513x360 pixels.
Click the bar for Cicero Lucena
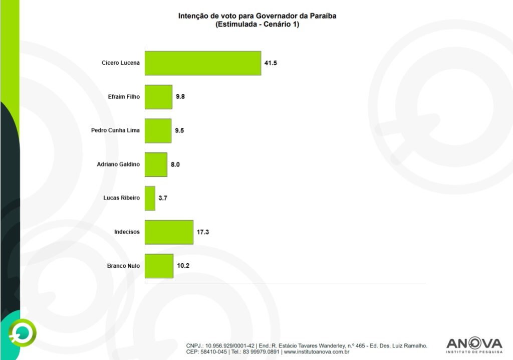click(203, 63)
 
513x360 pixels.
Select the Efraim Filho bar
click(158, 97)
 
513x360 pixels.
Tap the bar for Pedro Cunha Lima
click(158, 131)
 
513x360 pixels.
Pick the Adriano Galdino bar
click(156, 164)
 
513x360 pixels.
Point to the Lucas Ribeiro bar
click(150, 198)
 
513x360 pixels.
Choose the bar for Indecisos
click(169, 232)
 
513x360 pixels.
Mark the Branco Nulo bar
click(159, 266)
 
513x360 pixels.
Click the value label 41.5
click(271, 63)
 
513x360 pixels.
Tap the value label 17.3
click(203, 232)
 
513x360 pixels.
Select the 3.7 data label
click(163, 199)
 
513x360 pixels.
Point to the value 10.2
click(183, 266)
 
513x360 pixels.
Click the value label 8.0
click(175, 164)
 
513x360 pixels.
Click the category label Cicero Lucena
click(120, 63)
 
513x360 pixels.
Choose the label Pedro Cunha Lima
click(115, 131)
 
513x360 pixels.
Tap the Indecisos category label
click(127, 232)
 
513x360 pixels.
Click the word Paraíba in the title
click(323, 16)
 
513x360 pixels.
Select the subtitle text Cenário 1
click(279, 25)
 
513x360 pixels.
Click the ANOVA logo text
click(473, 343)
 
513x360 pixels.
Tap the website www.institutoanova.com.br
click(317, 352)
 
